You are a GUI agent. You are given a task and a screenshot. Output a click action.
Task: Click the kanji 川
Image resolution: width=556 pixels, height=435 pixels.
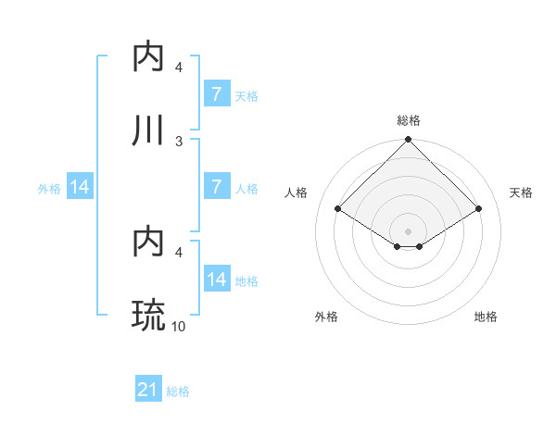(149, 130)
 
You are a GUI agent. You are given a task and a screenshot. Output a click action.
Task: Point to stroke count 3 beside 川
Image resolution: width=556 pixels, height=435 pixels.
(179, 141)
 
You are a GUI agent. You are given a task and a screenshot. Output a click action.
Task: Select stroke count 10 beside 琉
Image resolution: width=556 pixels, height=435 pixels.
(179, 326)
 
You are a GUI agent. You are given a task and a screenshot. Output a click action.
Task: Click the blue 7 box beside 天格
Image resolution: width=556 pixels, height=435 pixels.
(216, 94)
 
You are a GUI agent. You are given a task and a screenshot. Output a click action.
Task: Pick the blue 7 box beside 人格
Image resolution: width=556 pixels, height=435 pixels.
(216, 187)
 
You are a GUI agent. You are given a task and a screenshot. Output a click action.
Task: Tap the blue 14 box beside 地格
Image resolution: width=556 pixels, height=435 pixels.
(216, 280)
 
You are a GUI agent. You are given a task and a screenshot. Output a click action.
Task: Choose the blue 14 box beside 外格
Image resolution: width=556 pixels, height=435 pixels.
(80, 187)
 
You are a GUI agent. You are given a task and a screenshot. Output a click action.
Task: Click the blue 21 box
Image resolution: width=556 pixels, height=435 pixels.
(148, 391)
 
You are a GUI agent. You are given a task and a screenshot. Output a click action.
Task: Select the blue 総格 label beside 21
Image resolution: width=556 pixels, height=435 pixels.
(178, 391)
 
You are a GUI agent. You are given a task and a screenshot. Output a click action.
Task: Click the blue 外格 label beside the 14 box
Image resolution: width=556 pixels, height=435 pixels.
(49, 188)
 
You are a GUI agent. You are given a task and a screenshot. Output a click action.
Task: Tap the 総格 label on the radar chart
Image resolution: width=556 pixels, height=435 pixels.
(409, 120)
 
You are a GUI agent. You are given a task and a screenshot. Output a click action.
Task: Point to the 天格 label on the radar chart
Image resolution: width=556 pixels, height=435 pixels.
(522, 193)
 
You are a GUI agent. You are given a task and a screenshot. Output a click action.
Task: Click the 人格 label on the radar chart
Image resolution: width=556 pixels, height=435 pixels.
(297, 193)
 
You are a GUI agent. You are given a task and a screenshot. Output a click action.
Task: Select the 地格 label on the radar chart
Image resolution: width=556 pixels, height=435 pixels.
(486, 317)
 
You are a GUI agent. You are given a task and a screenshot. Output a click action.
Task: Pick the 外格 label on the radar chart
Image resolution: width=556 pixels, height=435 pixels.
(326, 317)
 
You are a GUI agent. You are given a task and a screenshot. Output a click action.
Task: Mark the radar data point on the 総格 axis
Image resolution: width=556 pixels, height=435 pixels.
(409, 141)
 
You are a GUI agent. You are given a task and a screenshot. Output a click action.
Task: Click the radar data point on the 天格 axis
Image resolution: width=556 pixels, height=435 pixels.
(479, 209)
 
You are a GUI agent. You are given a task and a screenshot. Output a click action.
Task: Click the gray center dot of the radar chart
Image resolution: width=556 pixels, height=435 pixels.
(409, 230)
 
